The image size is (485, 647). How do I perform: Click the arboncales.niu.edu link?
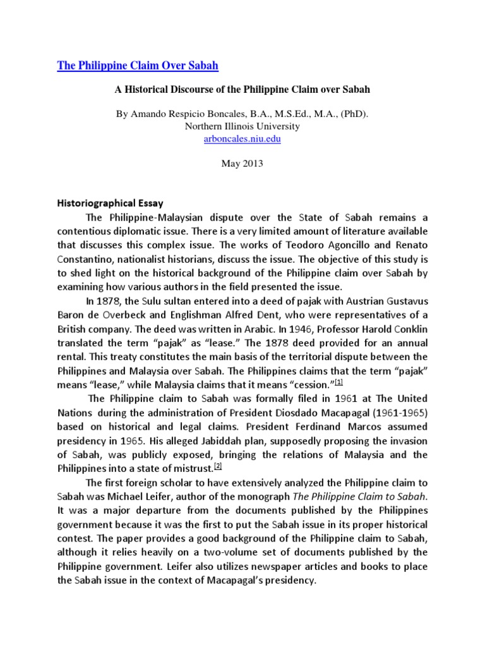pyautogui.click(x=242, y=138)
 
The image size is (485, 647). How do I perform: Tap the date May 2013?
pyautogui.click(x=242, y=164)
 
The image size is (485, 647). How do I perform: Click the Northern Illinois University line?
pyautogui.click(x=242, y=126)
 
